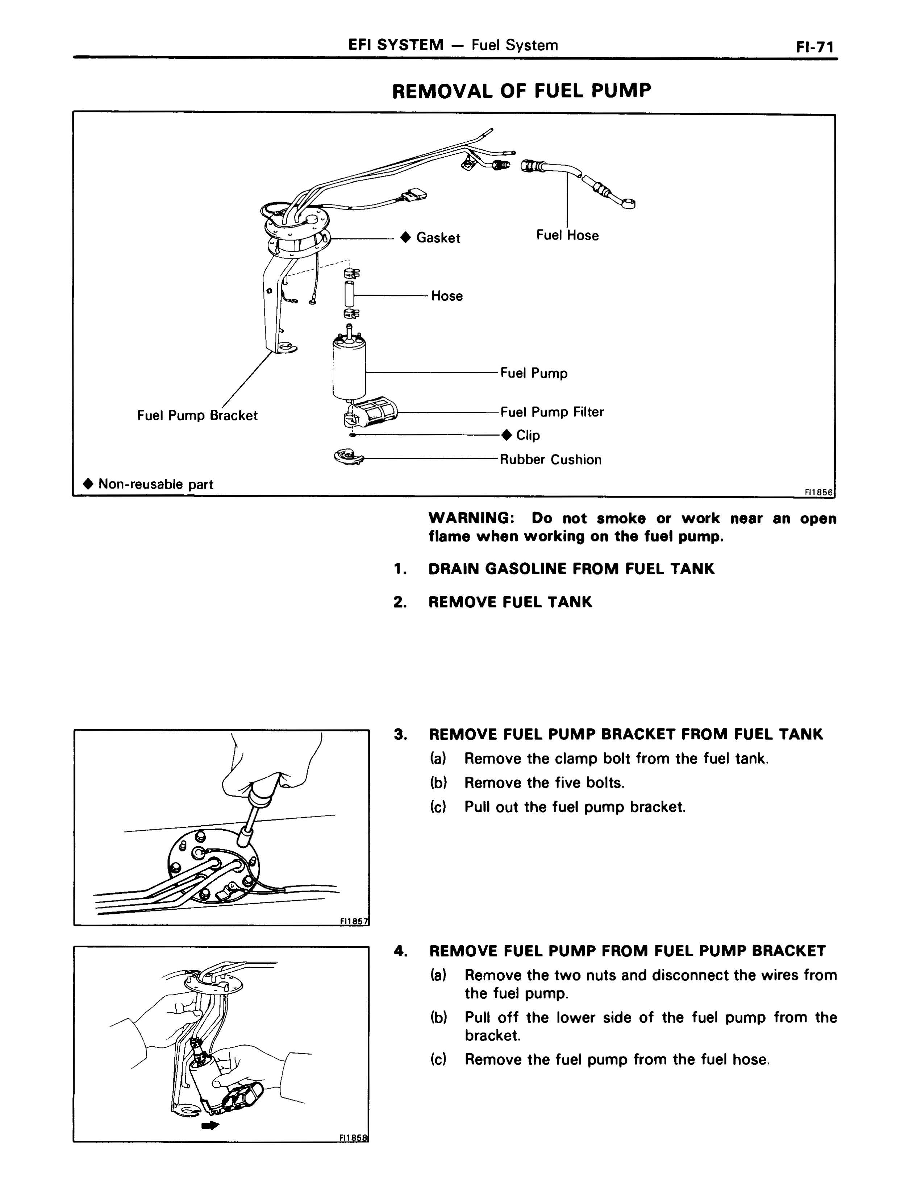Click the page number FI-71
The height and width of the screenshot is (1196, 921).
click(815, 47)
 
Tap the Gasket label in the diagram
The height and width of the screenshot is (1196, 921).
click(438, 238)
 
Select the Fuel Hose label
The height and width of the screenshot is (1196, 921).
click(567, 236)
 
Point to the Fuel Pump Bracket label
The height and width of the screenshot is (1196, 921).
click(197, 416)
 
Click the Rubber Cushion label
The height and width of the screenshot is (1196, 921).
click(550, 460)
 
